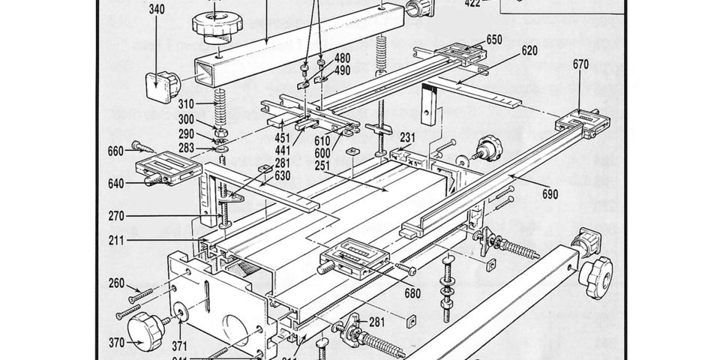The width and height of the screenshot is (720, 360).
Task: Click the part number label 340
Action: pos(157,10)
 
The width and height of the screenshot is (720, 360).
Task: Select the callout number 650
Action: pos(493,40)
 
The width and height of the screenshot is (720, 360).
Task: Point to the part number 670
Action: pos(580,64)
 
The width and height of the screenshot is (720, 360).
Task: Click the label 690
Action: pos(550,194)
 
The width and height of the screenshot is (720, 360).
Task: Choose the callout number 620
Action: pos(529,52)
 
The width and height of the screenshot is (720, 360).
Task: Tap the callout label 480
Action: pos(342,58)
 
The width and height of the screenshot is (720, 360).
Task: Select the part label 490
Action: pos(342,70)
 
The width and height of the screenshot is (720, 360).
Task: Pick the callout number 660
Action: pos(115,151)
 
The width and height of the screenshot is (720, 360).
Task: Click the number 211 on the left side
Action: pos(116,241)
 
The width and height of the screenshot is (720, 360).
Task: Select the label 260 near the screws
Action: pos(116,283)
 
